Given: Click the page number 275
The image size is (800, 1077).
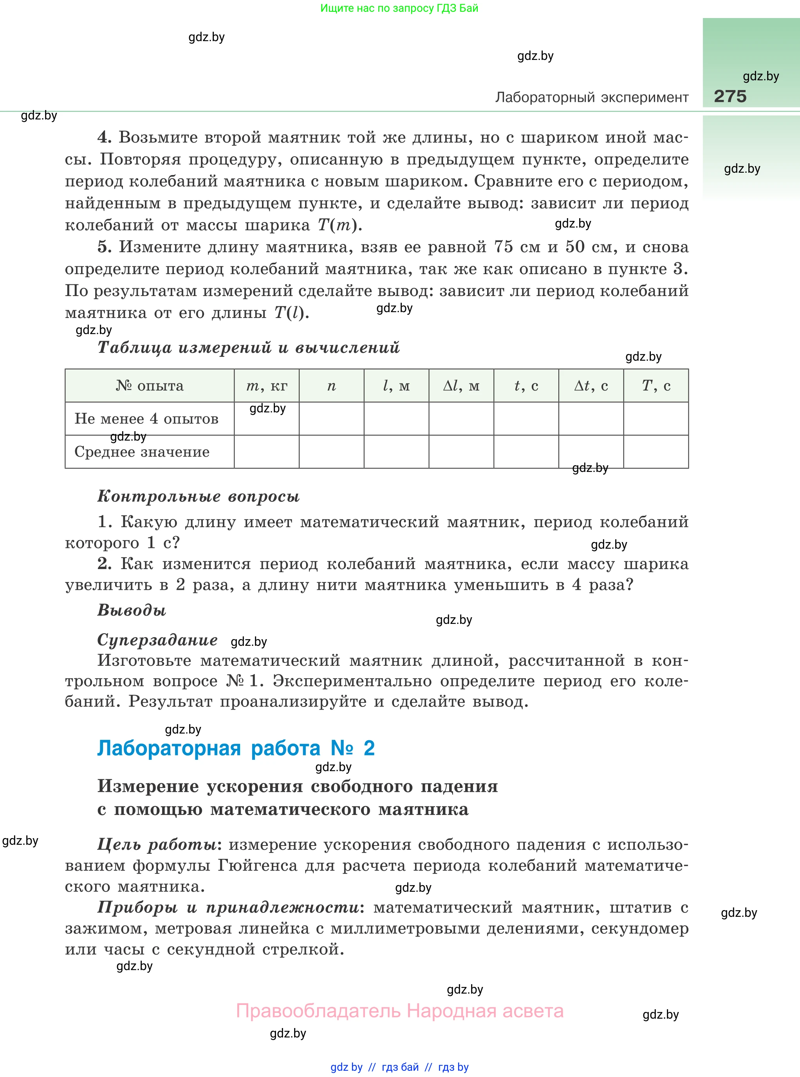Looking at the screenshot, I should [x=730, y=96].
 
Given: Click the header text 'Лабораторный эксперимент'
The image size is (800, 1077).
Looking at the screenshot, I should [x=591, y=98].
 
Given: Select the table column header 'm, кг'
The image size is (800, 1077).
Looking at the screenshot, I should [x=266, y=385].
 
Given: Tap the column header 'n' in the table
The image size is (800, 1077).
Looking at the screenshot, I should [x=331, y=385].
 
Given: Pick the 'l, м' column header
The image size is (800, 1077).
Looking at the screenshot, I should [x=396, y=385].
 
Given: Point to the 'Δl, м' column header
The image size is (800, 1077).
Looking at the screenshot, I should [x=461, y=385].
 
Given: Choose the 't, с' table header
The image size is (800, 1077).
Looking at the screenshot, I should [x=526, y=385].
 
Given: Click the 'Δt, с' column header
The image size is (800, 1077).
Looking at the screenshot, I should [x=591, y=385].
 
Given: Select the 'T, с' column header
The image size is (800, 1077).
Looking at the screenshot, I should [x=656, y=385].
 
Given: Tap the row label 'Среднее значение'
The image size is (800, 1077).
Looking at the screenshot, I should [x=142, y=452].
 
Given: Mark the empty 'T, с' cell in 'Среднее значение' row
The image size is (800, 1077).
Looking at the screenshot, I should [x=656, y=452].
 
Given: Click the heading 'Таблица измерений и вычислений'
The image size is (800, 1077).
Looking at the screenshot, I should [x=248, y=347].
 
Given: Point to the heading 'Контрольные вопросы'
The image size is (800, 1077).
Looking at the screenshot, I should [x=199, y=496].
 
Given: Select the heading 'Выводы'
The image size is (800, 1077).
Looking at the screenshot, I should [x=132, y=610].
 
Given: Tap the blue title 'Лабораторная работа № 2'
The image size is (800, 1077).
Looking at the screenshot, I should [x=236, y=748].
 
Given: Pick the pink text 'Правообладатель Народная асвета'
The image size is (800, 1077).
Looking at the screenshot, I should [x=399, y=1011].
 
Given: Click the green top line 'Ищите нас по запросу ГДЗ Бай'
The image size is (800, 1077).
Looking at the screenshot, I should [x=399, y=8].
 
